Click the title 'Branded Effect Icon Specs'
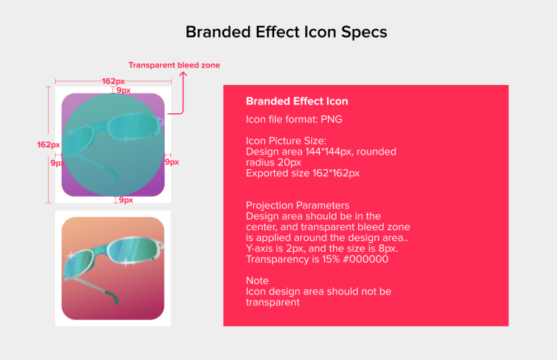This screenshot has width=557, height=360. click(x=286, y=33)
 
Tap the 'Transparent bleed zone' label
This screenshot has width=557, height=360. click(x=174, y=65)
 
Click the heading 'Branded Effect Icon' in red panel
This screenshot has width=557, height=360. click(x=297, y=102)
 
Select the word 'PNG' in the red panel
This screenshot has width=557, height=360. click(x=331, y=118)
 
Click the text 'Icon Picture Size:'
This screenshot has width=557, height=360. click(x=286, y=140)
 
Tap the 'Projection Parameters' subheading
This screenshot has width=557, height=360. click(x=297, y=205)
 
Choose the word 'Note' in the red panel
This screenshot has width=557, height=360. click(x=257, y=280)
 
